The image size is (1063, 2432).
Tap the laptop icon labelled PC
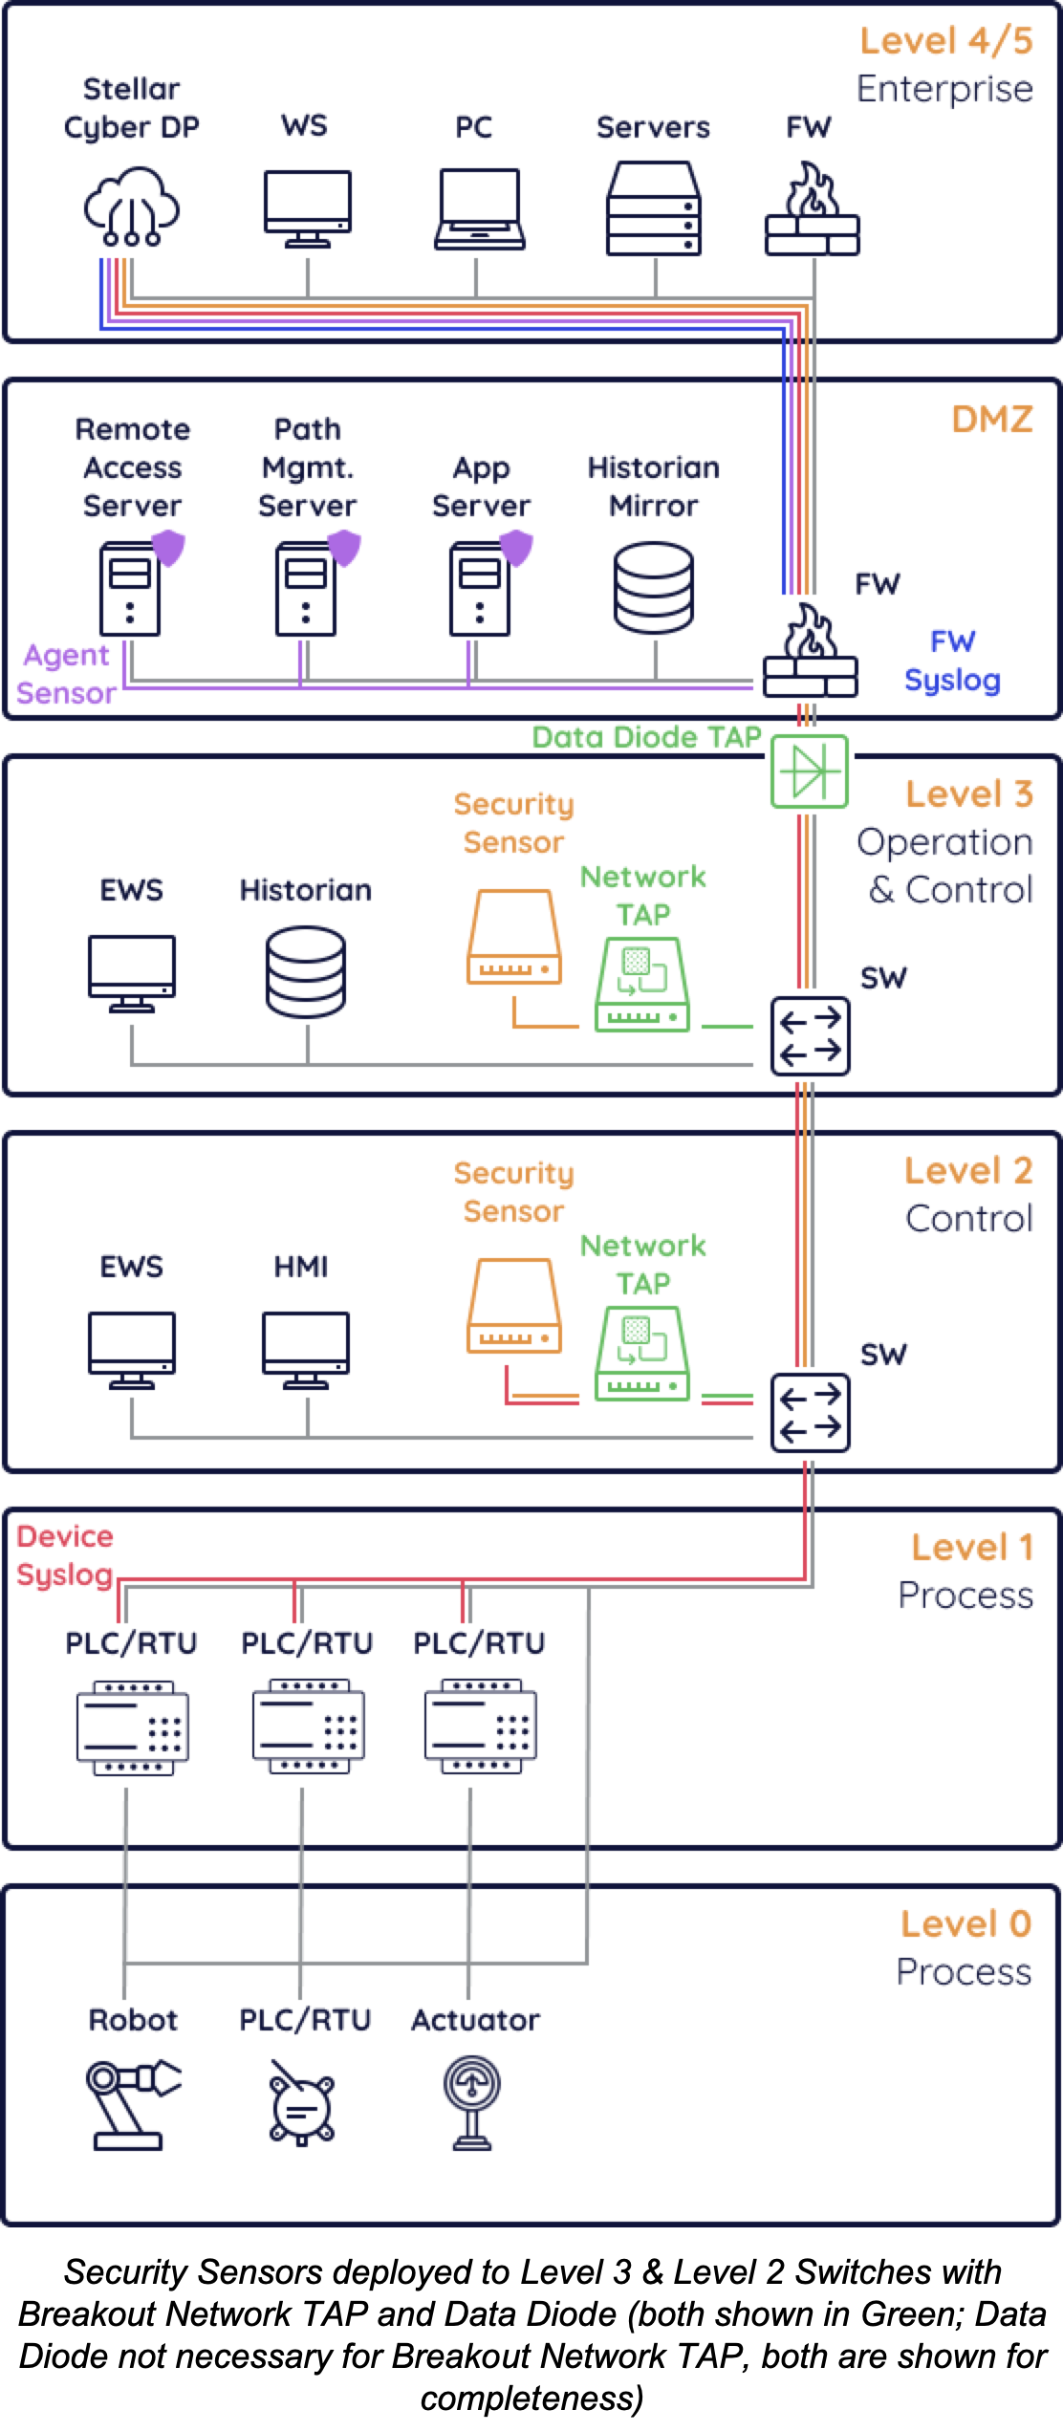pyautogui.click(x=480, y=209)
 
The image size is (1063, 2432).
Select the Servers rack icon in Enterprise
pyautogui.click(x=654, y=208)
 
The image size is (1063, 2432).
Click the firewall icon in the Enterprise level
pyautogui.click(x=812, y=210)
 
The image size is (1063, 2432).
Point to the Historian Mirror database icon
pyautogui.click(x=654, y=587)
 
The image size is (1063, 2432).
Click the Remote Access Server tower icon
pyautogui.click(x=131, y=588)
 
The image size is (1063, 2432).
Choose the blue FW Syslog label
pyautogui.click(x=952, y=661)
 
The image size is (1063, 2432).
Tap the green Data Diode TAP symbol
pyautogui.click(x=810, y=771)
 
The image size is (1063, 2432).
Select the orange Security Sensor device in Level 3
pyautogui.click(x=514, y=937)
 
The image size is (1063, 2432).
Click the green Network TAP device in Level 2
pyautogui.click(x=642, y=1353)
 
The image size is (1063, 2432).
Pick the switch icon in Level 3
pyautogui.click(x=811, y=1036)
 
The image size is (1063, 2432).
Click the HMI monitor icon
pyautogui.click(x=306, y=1349)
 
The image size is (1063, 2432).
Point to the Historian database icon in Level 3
pyautogui.click(x=306, y=971)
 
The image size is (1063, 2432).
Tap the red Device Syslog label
pyautogui.click(x=65, y=1555)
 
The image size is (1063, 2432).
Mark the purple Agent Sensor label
pyautogui.click(x=66, y=674)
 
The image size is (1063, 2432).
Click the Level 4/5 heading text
pyautogui.click(x=945, y=41)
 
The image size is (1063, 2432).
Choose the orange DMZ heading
pyautogui.click(x=991, y=420)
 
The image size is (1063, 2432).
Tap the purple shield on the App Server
pyautogui.click(x=516, y=548)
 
